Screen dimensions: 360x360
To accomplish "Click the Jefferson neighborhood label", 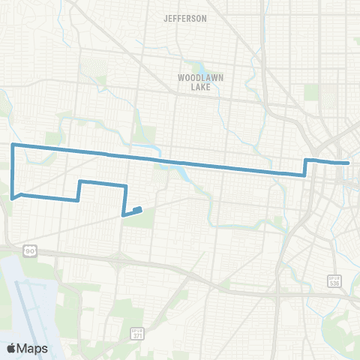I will coord(185,18).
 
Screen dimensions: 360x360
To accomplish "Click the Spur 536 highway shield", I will coord(334,280).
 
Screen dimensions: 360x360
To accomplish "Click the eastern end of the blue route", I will coord(349,162).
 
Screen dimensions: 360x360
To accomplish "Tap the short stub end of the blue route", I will coord(139,209).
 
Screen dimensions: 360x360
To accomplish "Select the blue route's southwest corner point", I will coord(13,198).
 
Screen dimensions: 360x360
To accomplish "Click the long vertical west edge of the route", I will coord(13,171).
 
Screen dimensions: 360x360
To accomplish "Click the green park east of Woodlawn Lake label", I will coord(311,92).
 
